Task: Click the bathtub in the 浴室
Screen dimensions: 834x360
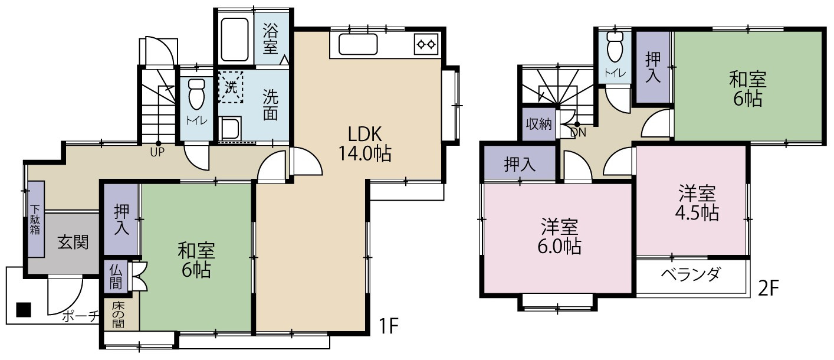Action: (x=235, y=40)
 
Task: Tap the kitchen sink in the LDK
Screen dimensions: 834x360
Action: (x=358, y=44)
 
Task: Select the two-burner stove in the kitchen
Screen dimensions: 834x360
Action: (x=426, y=44)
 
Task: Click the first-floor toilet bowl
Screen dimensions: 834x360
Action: (x=196, y=94)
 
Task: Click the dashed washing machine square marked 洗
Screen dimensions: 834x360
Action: (x=231, y=87)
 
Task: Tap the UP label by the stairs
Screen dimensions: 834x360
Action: (x=157, y=152)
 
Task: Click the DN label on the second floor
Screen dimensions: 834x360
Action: (x=578, y=132)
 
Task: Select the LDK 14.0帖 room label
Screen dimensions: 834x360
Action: (x=365, y=143)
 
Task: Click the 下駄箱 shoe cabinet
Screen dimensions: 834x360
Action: (x=36, y=219)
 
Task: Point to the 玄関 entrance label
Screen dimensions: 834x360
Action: (x=73, y=242)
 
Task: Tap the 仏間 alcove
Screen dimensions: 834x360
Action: (x=116, y=276)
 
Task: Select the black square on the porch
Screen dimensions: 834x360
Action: (x=24, y=309)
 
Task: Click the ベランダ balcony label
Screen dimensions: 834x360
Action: (x=691, y=274)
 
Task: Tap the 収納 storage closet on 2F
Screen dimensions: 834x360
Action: (x=539, y=124)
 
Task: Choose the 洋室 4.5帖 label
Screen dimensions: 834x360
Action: (x=697, y=203)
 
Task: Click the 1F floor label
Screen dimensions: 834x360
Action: (x=389, y=325)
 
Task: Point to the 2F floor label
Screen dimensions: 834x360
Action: (x=769, y=287)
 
